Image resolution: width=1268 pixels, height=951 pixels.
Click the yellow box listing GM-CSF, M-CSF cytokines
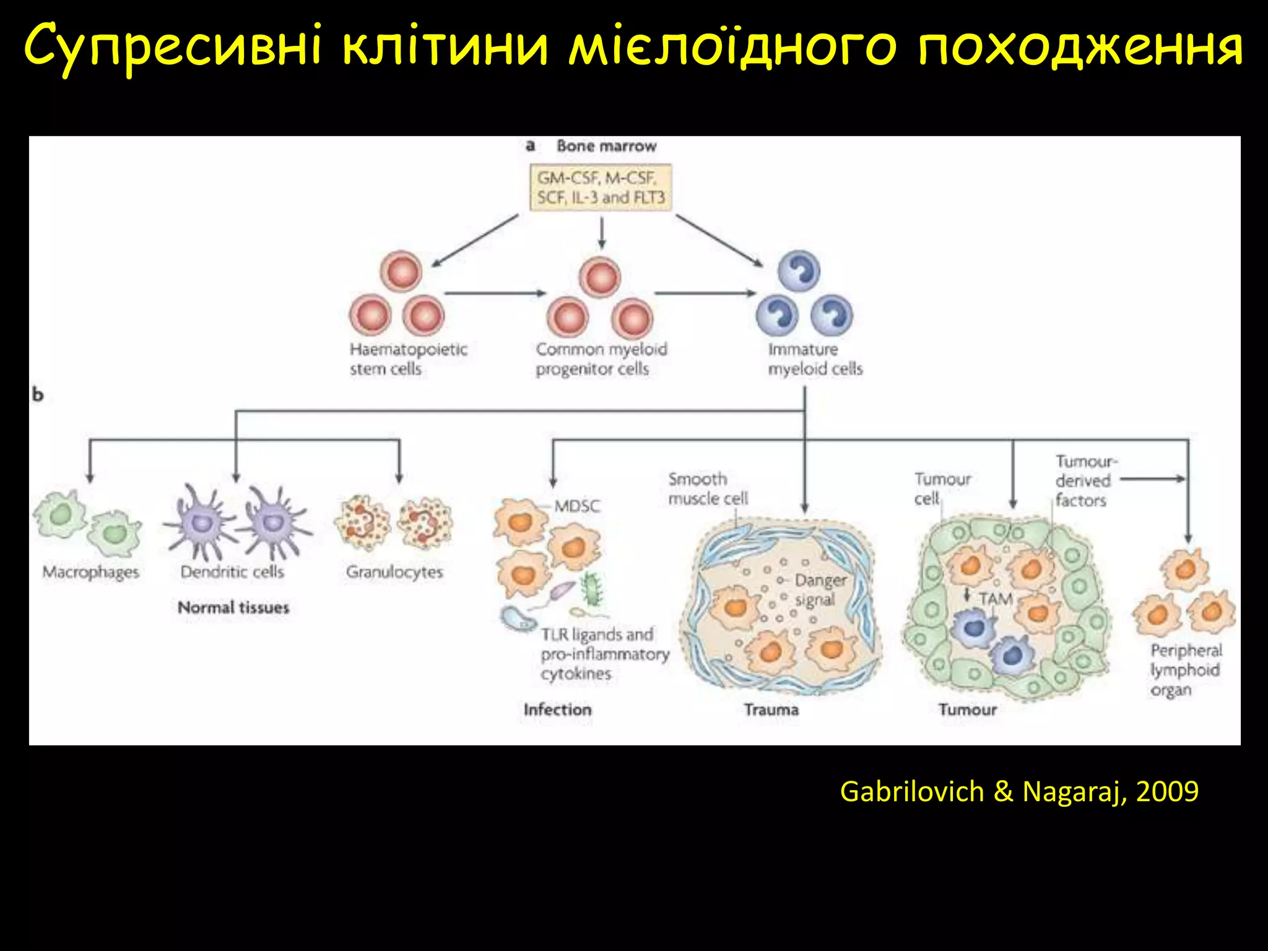(x=601, y=188)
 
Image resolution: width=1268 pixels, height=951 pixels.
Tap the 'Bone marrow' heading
(x=606, y=146)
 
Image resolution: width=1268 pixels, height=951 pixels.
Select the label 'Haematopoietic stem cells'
(x=408, y=358)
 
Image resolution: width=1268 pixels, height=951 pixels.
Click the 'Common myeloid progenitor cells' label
(x=601, y=358)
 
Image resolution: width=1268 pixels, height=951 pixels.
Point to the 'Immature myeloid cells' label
(x=815, y=358)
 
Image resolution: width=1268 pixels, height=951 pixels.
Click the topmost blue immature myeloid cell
(x=799, y=271)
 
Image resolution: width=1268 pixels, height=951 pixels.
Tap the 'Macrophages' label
(x=90, y=571)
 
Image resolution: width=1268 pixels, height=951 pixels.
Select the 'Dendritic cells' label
(x=232, y=571)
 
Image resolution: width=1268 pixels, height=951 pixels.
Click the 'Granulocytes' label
(x=394, y=571)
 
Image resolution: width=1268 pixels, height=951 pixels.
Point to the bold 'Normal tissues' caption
(x=233, y=607)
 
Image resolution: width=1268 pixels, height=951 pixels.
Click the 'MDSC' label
(x=577, y=506)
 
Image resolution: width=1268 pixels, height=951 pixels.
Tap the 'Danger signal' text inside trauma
(x=819, y=589)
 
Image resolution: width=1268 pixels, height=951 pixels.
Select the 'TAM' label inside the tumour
(x=996, y=599)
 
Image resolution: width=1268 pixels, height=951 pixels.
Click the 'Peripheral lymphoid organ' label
(x=1185, y=670)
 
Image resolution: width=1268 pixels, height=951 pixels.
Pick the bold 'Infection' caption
(x=557, y=710)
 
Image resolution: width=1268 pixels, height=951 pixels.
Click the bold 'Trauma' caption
(x=771, y=710)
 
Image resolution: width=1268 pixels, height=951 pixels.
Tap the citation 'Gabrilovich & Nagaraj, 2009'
(x=1019, y=791)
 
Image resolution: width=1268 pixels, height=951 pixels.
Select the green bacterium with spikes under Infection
(x=593, y=589)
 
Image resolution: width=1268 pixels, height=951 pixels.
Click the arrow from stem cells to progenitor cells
(x=495, y=293)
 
